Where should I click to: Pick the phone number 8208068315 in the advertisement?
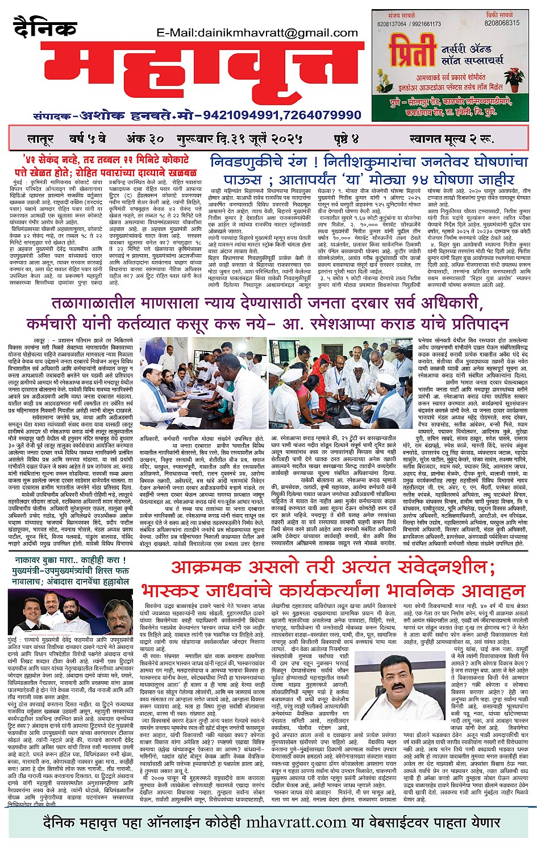point(502,23)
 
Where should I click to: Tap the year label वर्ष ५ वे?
point(87,139)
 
